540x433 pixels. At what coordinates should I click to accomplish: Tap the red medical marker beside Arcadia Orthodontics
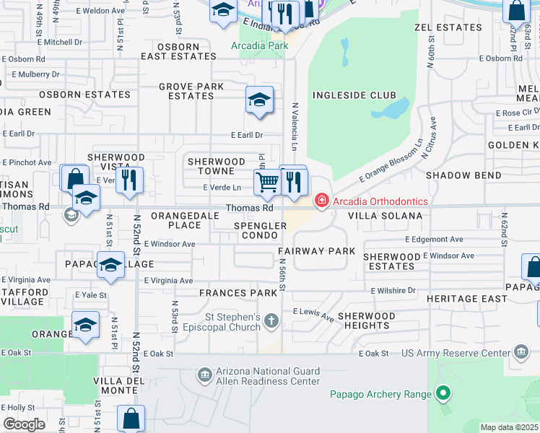tap(322, 201)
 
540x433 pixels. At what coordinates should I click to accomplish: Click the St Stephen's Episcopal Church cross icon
tap(271, 320)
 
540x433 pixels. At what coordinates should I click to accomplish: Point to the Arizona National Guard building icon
tap(204, 375)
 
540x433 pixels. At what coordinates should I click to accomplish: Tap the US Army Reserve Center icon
tap(521, 353)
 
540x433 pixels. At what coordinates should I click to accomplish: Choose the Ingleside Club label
tap(354, 95)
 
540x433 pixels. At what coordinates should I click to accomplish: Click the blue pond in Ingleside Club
tap(390, 110)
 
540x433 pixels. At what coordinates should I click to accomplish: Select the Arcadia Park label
tap(259, 45)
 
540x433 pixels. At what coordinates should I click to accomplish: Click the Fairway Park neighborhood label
tap(317, 251)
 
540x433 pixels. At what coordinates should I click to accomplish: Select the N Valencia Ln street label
tap(295, 126)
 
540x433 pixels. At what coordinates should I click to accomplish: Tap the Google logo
tap(24, 424)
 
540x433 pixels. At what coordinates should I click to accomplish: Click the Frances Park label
tap(238, 293)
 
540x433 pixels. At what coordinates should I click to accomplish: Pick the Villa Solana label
tap(385, 216)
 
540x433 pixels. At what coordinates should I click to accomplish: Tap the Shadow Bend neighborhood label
tap(463, 175)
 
